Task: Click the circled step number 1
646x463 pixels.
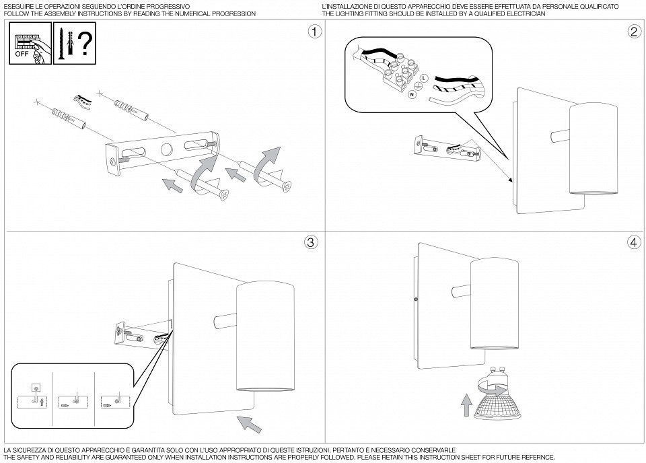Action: coord(311,32)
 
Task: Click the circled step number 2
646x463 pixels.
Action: coord(633,32)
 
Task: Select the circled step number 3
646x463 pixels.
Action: coord(311,243)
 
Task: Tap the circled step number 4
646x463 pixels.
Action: coord(633,243)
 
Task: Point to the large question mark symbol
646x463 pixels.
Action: coord(84,44)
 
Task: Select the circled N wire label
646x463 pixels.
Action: coord(411,96)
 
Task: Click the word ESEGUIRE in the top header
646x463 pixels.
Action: coord(20,5)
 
